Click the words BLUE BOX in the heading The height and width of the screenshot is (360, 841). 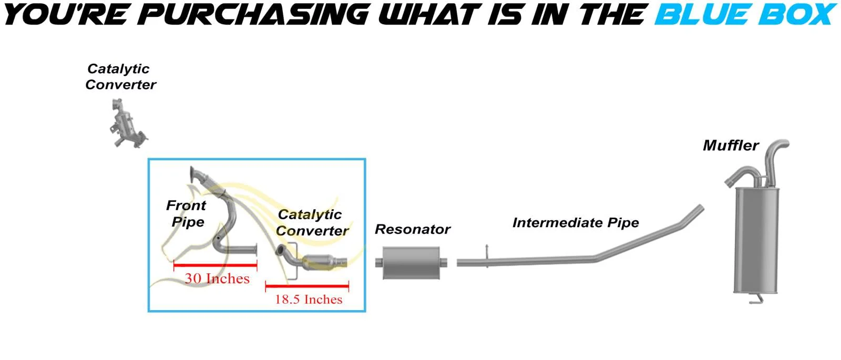[x=745, y=15]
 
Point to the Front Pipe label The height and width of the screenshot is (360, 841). [x=187, y=213]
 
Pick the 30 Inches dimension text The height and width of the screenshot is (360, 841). [x=217, y=279]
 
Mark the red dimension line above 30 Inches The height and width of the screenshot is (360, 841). [x=215, y=266]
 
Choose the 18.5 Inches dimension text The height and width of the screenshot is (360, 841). [x=309, y=300]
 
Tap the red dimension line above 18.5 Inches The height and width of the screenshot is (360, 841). [x=307, y=286]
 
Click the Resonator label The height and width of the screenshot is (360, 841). [x=413, y=230]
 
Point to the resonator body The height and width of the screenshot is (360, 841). [x=411, y=262]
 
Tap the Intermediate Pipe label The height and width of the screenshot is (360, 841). [x=576, y=223]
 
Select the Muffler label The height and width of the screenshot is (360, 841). [x=731, y=146]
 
